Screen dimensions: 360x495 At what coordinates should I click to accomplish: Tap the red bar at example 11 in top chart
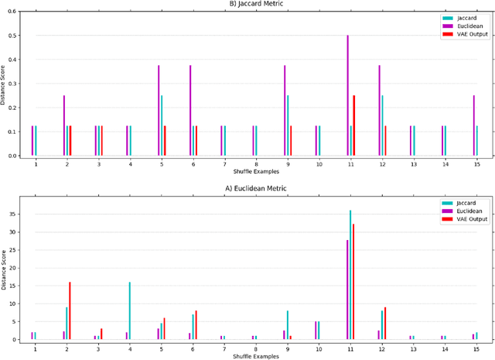[354, 125]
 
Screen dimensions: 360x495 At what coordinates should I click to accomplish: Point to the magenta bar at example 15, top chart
[473, 125]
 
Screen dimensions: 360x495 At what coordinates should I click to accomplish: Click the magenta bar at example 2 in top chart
[63, 125]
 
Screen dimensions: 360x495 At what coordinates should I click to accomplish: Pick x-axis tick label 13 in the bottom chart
[412, 349]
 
